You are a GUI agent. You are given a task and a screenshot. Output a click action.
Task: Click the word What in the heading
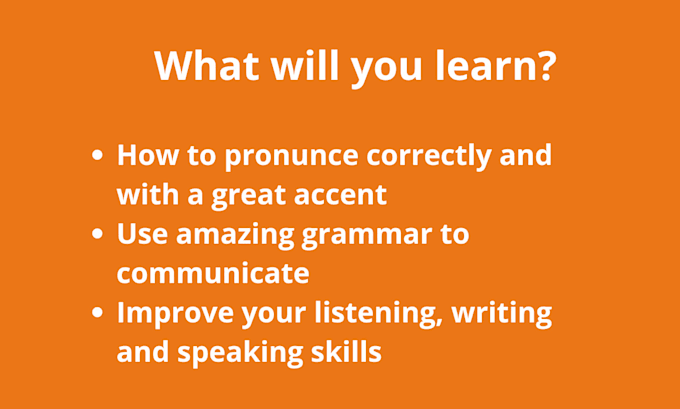(x=207, y=65)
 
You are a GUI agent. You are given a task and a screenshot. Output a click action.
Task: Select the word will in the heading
(x=305, y=65)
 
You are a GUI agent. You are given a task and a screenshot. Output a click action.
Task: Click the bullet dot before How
(x=98, y=155)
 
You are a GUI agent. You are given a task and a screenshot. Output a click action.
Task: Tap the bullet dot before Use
(x=98, y=234)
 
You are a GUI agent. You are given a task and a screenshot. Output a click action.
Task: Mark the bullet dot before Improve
(x=98, y=312)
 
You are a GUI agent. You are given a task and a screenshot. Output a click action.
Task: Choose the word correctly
(x=429, y=156)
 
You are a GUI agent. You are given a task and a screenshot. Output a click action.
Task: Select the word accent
(x=340, y=195)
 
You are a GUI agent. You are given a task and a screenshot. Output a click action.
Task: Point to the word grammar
(x=367, y=237)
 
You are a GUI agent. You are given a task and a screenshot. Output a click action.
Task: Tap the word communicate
(x=213, y=273)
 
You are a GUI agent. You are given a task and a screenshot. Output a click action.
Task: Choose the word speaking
(x=240, y=353)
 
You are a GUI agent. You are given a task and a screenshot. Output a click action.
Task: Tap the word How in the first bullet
(x=148, y=156)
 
